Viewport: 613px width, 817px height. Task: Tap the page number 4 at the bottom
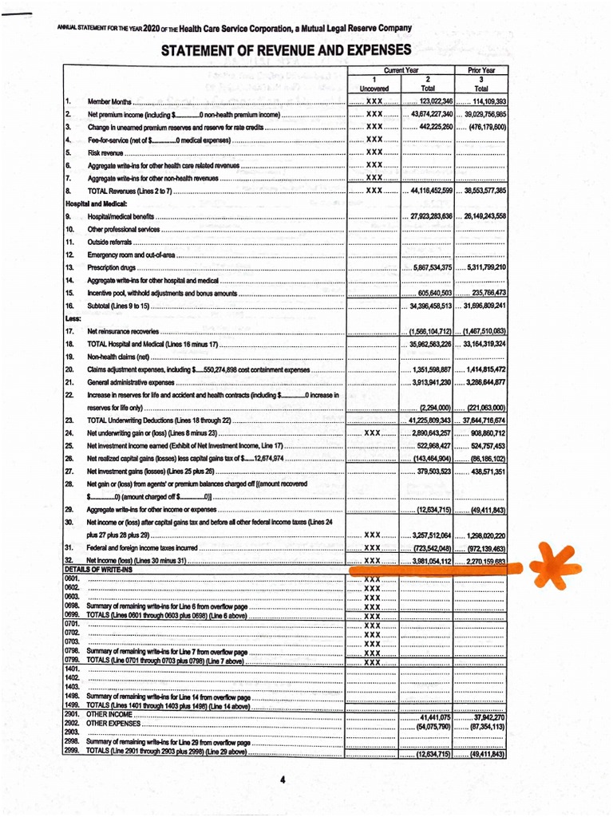pyautogui.click(x=283, y=779)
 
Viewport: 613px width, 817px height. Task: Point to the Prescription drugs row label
pyautogui.click(x=112, y=267)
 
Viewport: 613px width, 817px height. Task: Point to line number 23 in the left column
pyautogui.click(x=69, y=420)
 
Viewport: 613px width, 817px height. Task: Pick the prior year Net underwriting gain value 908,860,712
pyautogui.click(x=483, y=433)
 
